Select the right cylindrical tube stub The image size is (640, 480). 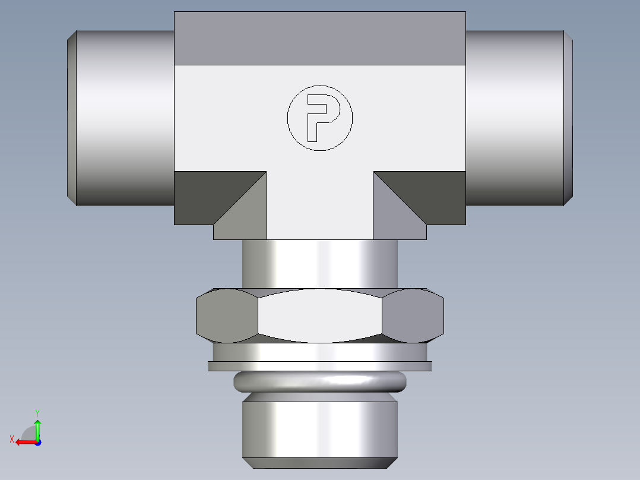coord(514,118)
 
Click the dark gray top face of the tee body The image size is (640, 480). coord(319,38)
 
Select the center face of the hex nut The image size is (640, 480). coord(320,316)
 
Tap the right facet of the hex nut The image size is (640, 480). coord(413,316)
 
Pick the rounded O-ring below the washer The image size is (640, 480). coord(320,381)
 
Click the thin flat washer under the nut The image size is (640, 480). coord(320,366)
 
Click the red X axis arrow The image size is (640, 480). coord(24,441)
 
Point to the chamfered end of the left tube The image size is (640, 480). coord(71,118)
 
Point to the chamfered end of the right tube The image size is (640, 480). coord(568,118)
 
